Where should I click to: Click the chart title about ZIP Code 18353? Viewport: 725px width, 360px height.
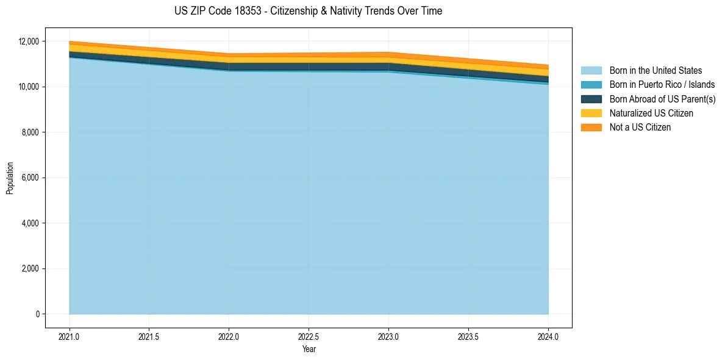[308, 11]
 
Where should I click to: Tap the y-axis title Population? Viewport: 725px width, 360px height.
[10, 178]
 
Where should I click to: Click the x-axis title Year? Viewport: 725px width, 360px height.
[309, 349]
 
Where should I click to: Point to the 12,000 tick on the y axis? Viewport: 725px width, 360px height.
[29, 41]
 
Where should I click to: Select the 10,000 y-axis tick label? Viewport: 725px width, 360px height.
[29, 87]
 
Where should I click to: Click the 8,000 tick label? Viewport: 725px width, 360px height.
[31, 132]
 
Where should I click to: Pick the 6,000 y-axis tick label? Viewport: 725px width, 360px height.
[31, 178]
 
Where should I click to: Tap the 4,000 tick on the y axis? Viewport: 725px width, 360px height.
[31, 223]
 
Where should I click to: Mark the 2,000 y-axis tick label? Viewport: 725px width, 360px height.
[31, 269]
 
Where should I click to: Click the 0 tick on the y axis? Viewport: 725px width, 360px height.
[37, 314]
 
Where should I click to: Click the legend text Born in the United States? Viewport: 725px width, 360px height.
[655, 71]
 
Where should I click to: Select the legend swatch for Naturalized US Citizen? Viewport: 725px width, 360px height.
[591, 113]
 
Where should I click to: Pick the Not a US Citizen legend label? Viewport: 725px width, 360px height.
[640, 128]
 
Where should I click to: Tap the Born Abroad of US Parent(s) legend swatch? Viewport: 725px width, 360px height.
[591, 99]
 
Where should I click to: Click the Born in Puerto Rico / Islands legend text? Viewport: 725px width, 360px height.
[662, 85]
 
